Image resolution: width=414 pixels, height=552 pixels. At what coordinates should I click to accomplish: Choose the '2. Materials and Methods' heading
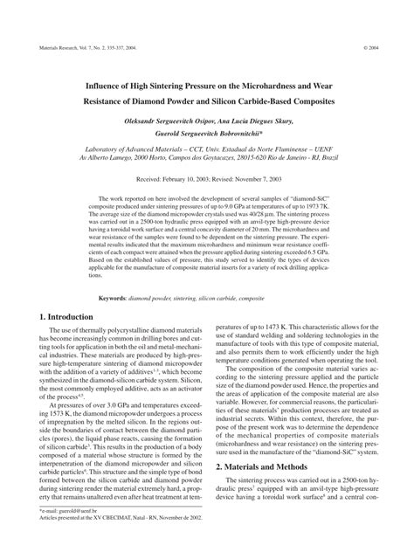pyautogui.click(x=271, y=491)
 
